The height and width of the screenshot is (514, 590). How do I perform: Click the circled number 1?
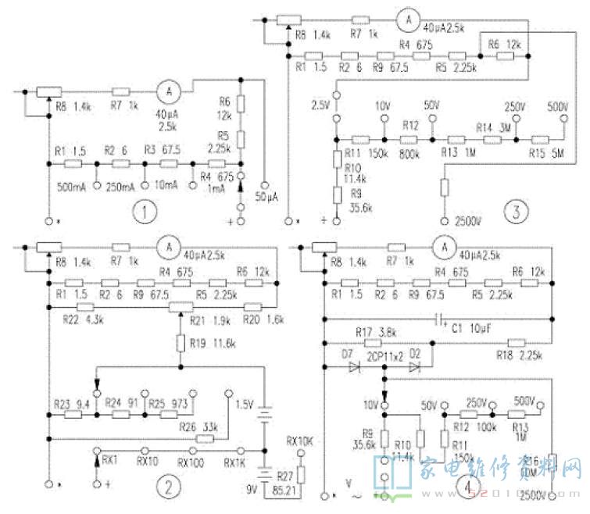point(141,212)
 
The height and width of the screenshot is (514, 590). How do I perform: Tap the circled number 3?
point(513,211)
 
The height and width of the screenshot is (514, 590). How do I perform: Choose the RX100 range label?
point(191,462)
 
